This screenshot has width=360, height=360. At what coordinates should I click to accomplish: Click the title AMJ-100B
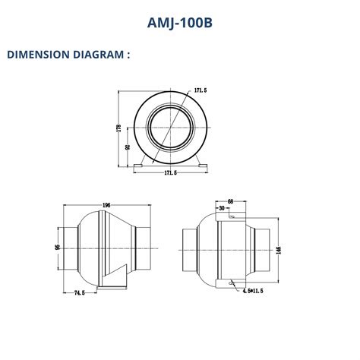pos(179,23)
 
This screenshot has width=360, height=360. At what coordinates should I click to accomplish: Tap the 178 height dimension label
pos(119,128)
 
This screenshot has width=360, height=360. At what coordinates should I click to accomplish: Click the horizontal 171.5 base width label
pos(171,173)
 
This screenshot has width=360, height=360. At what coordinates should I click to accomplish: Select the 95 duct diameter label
pos(57,247)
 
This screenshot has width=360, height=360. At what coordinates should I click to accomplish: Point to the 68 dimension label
pos(231,201)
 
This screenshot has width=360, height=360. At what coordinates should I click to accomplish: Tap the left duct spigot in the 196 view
pos(69,247)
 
